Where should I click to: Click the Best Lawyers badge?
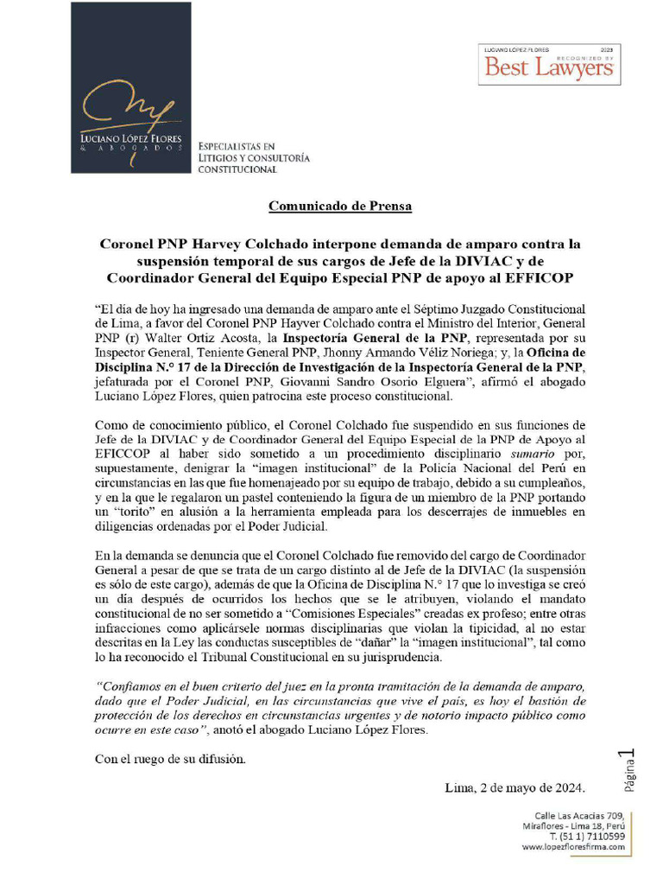tap(547, 64)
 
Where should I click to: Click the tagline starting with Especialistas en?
tap(253, 158)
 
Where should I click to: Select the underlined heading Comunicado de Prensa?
tap(340, 207)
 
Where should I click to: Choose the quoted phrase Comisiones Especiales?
tap(336, 614)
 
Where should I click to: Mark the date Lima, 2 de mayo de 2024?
tap(515, 788)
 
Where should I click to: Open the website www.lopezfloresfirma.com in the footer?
tap(573, 848)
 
